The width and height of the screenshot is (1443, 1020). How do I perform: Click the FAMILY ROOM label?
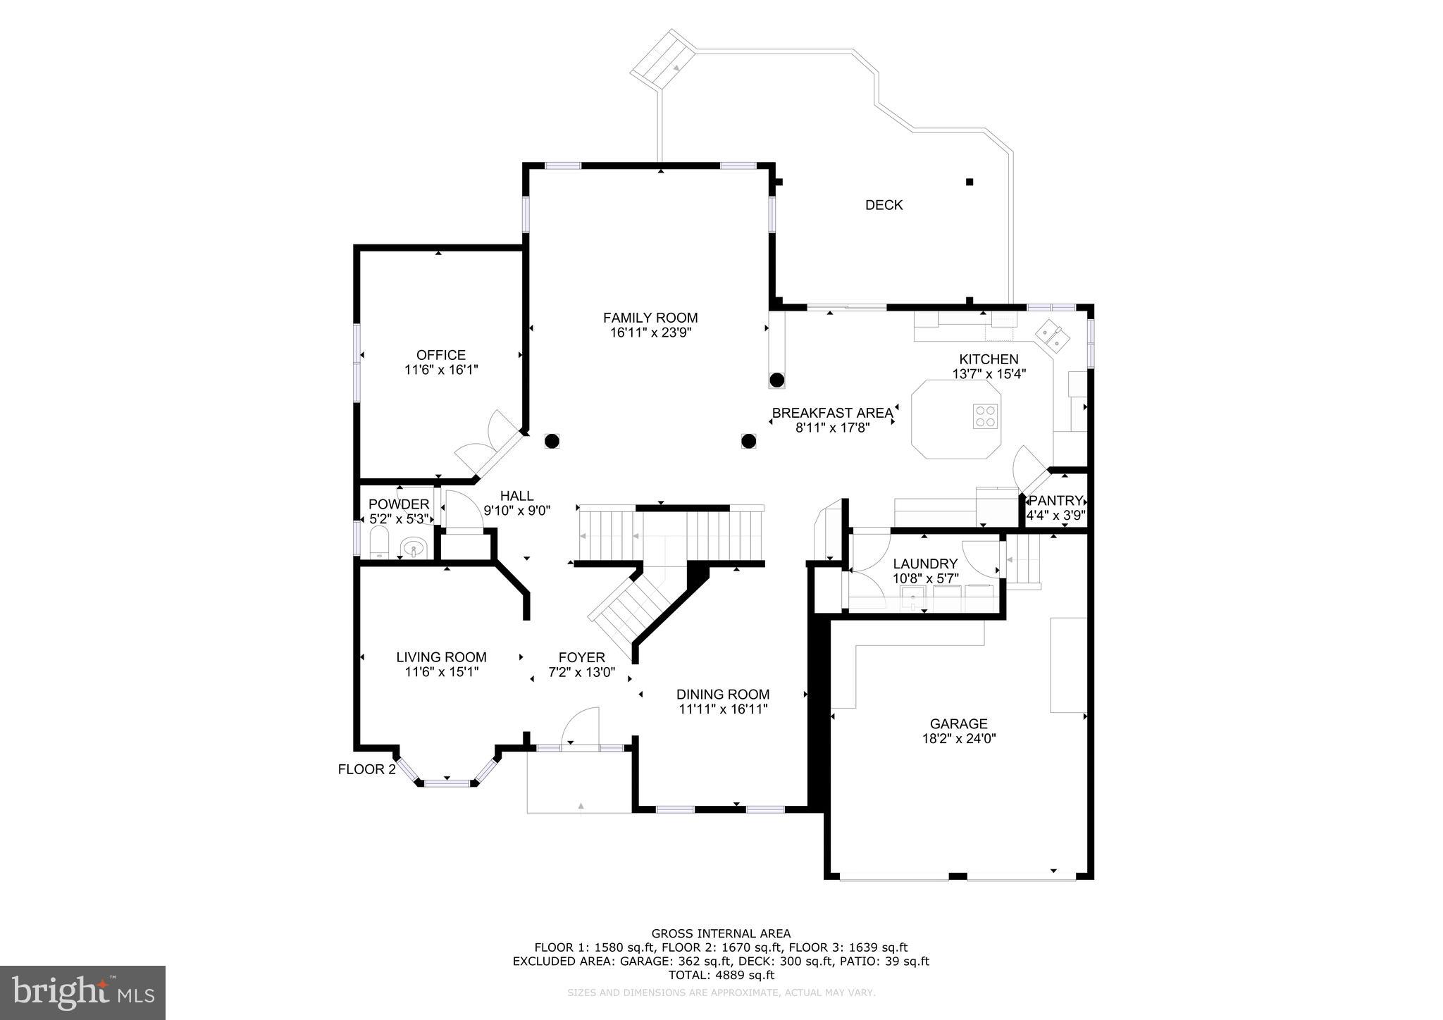(x=650, y=318)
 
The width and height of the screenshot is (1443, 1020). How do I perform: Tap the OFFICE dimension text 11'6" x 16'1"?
(x=441, y=370)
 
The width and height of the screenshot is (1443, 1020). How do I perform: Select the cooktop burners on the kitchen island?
(x=985, y=416)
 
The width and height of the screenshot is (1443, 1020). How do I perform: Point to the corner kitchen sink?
(x=1053, y=336)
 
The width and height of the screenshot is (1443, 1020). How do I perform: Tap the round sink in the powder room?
(x=413, y=547)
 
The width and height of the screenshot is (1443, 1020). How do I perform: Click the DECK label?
(x=884, y=205)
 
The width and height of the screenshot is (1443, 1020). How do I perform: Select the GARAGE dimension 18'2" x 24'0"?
(x=958, y=739)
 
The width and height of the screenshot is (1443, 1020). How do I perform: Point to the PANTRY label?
(x=1055, y=501)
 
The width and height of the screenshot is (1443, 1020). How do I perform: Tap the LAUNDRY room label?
(x=924, y=564)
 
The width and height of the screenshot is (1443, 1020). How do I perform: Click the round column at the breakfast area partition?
(x=776, y=380)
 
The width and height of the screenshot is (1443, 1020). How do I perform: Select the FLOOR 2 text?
(x=366, y=769)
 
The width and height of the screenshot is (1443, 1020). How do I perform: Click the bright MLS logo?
(x=82, y=993)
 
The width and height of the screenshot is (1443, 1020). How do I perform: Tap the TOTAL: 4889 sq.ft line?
(x=721, y=976)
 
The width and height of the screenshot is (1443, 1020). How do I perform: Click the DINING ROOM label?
(x=722, y=694)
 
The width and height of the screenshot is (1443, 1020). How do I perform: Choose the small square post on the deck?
(x=970, y=182)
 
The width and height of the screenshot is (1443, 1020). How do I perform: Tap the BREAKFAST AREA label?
(x=831, y=413)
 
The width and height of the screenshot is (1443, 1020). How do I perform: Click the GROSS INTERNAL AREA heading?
(x=721, y=934)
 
